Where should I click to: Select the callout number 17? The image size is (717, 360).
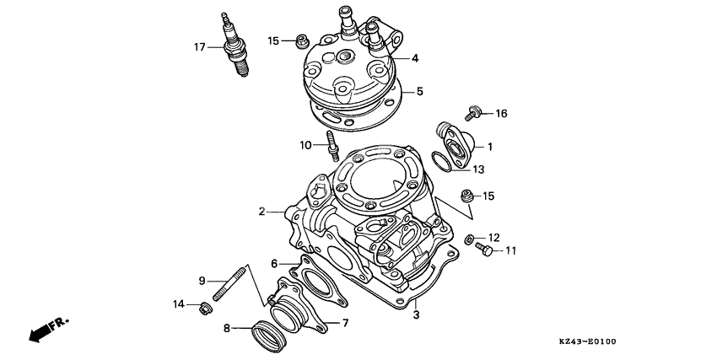click(x=199, y=47)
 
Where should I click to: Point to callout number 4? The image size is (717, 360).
click(x=415, y=58)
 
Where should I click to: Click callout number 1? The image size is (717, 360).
click(x=489, y=146)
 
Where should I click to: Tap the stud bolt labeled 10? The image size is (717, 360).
click(x=333, y=148)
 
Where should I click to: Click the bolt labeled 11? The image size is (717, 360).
click(x=484, y=250)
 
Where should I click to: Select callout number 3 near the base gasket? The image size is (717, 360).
click(x=415, y=315)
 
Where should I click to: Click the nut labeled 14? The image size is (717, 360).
click(x=202, y=308)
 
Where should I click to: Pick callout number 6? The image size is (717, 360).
click(x=274, y=264)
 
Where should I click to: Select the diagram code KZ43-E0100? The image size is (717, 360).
click(x=588, y=342)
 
